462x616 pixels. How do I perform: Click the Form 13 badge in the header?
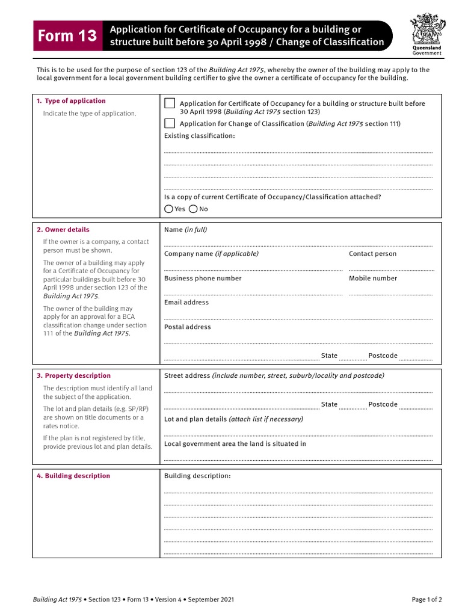tap(67, 36)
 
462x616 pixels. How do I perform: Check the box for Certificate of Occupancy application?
tap(170, 103)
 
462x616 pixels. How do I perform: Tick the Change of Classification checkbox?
tap(170, 123)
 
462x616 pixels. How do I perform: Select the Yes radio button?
tap(168, 209)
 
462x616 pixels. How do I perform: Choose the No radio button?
tap(193, 209)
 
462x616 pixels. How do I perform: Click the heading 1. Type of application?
tap(71, 101)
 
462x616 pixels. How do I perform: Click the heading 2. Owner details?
tap(63, 230)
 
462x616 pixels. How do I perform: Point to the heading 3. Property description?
tap(73, 375)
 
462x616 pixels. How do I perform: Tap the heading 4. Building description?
tap(73, 476)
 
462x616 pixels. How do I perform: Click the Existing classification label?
tap(200, 136)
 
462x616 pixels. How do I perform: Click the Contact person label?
tap(372, 254)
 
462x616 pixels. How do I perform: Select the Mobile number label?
tap(373, 279)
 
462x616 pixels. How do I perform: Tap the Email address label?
tap(186, 303)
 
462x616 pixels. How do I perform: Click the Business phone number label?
tap(203, 279)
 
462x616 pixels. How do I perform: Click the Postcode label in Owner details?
tap(383, 356)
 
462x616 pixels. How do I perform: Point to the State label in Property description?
tap(329, 404)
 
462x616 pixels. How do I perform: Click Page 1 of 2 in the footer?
tap(427, 600)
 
